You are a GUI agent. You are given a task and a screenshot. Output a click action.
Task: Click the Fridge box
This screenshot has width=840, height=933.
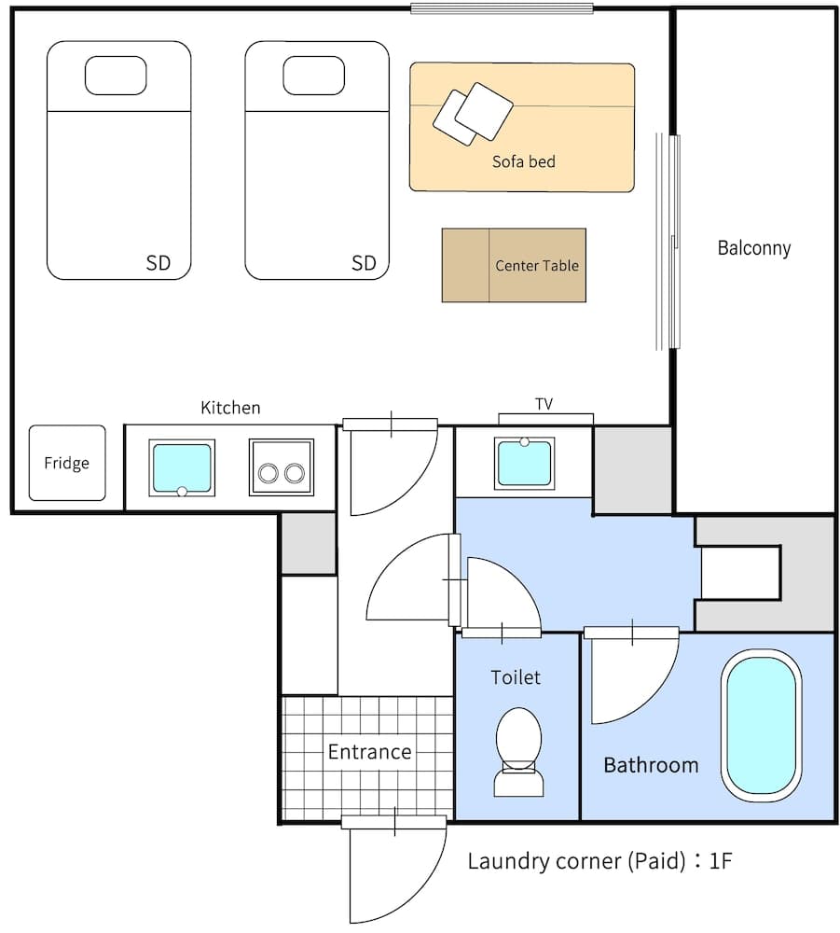coord(66,463)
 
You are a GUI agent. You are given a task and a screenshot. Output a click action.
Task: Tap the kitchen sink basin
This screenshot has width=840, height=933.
coord(182,466)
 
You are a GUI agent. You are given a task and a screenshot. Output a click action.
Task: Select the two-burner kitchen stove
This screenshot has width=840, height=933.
coord(281,467)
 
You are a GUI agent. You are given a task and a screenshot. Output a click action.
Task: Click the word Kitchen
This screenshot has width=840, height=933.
coord(230,408)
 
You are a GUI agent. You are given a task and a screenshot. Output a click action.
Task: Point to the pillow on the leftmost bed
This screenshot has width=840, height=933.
coord(116,76)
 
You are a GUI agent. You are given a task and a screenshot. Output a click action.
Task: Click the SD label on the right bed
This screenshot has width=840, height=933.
coord(364,263)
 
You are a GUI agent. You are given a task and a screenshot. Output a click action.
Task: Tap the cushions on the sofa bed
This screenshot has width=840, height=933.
coord(473,114)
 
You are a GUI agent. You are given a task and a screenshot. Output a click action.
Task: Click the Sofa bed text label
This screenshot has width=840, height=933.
coord(523,161)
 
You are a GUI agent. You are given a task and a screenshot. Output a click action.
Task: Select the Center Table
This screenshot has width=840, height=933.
coord(514,265)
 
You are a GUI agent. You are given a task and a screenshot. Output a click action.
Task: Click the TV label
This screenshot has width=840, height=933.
coord(544,404)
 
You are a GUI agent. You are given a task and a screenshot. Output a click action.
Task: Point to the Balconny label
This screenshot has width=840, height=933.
coord(753,248)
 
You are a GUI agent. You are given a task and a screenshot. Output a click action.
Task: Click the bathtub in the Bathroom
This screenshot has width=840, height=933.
coord(761,726)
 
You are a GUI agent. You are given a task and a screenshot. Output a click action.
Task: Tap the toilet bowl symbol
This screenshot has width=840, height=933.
coord(518,750)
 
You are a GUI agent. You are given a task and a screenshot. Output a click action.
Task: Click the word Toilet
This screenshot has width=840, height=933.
coord(516,677)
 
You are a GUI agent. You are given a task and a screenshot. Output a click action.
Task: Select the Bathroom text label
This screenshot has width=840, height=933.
coord(651,765)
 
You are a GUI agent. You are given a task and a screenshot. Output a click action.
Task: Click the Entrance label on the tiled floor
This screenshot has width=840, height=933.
coord(369,752)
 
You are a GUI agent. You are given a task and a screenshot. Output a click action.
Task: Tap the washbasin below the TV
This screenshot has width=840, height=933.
coord(524,463)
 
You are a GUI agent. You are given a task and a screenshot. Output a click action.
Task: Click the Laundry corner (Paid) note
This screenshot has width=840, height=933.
coord(599,860)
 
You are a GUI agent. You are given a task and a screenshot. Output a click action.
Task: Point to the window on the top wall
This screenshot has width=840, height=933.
coord(503,9)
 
